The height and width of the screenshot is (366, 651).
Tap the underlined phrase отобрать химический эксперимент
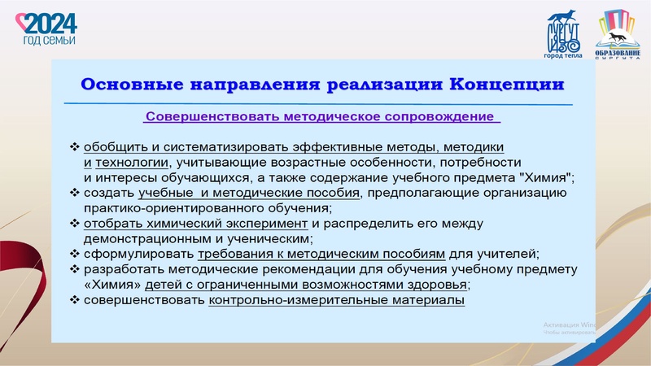click(195, 223)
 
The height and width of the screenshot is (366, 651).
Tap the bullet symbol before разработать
click(75, 269)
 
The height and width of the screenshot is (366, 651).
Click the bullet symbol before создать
click(75, 193)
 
